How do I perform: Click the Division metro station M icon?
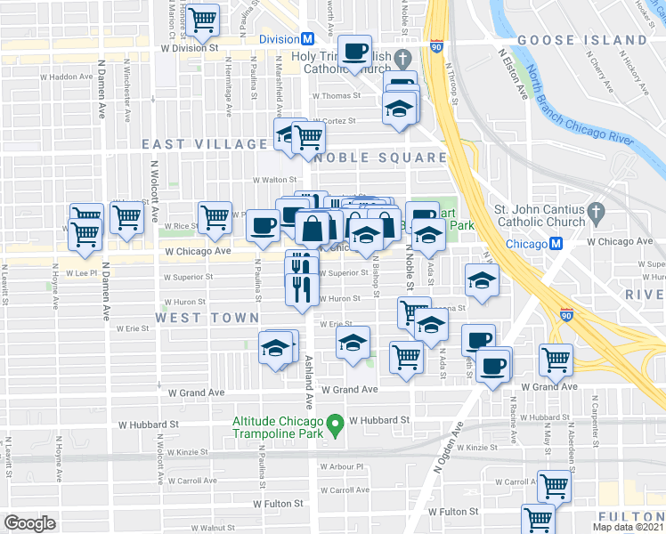coord(308,39)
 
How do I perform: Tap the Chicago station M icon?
coord(556,244)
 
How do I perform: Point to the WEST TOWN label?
coord(207,318)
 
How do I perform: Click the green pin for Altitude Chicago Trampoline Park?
coord(335,427)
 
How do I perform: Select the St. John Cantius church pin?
coord(597,213)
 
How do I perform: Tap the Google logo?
coord(30,522)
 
